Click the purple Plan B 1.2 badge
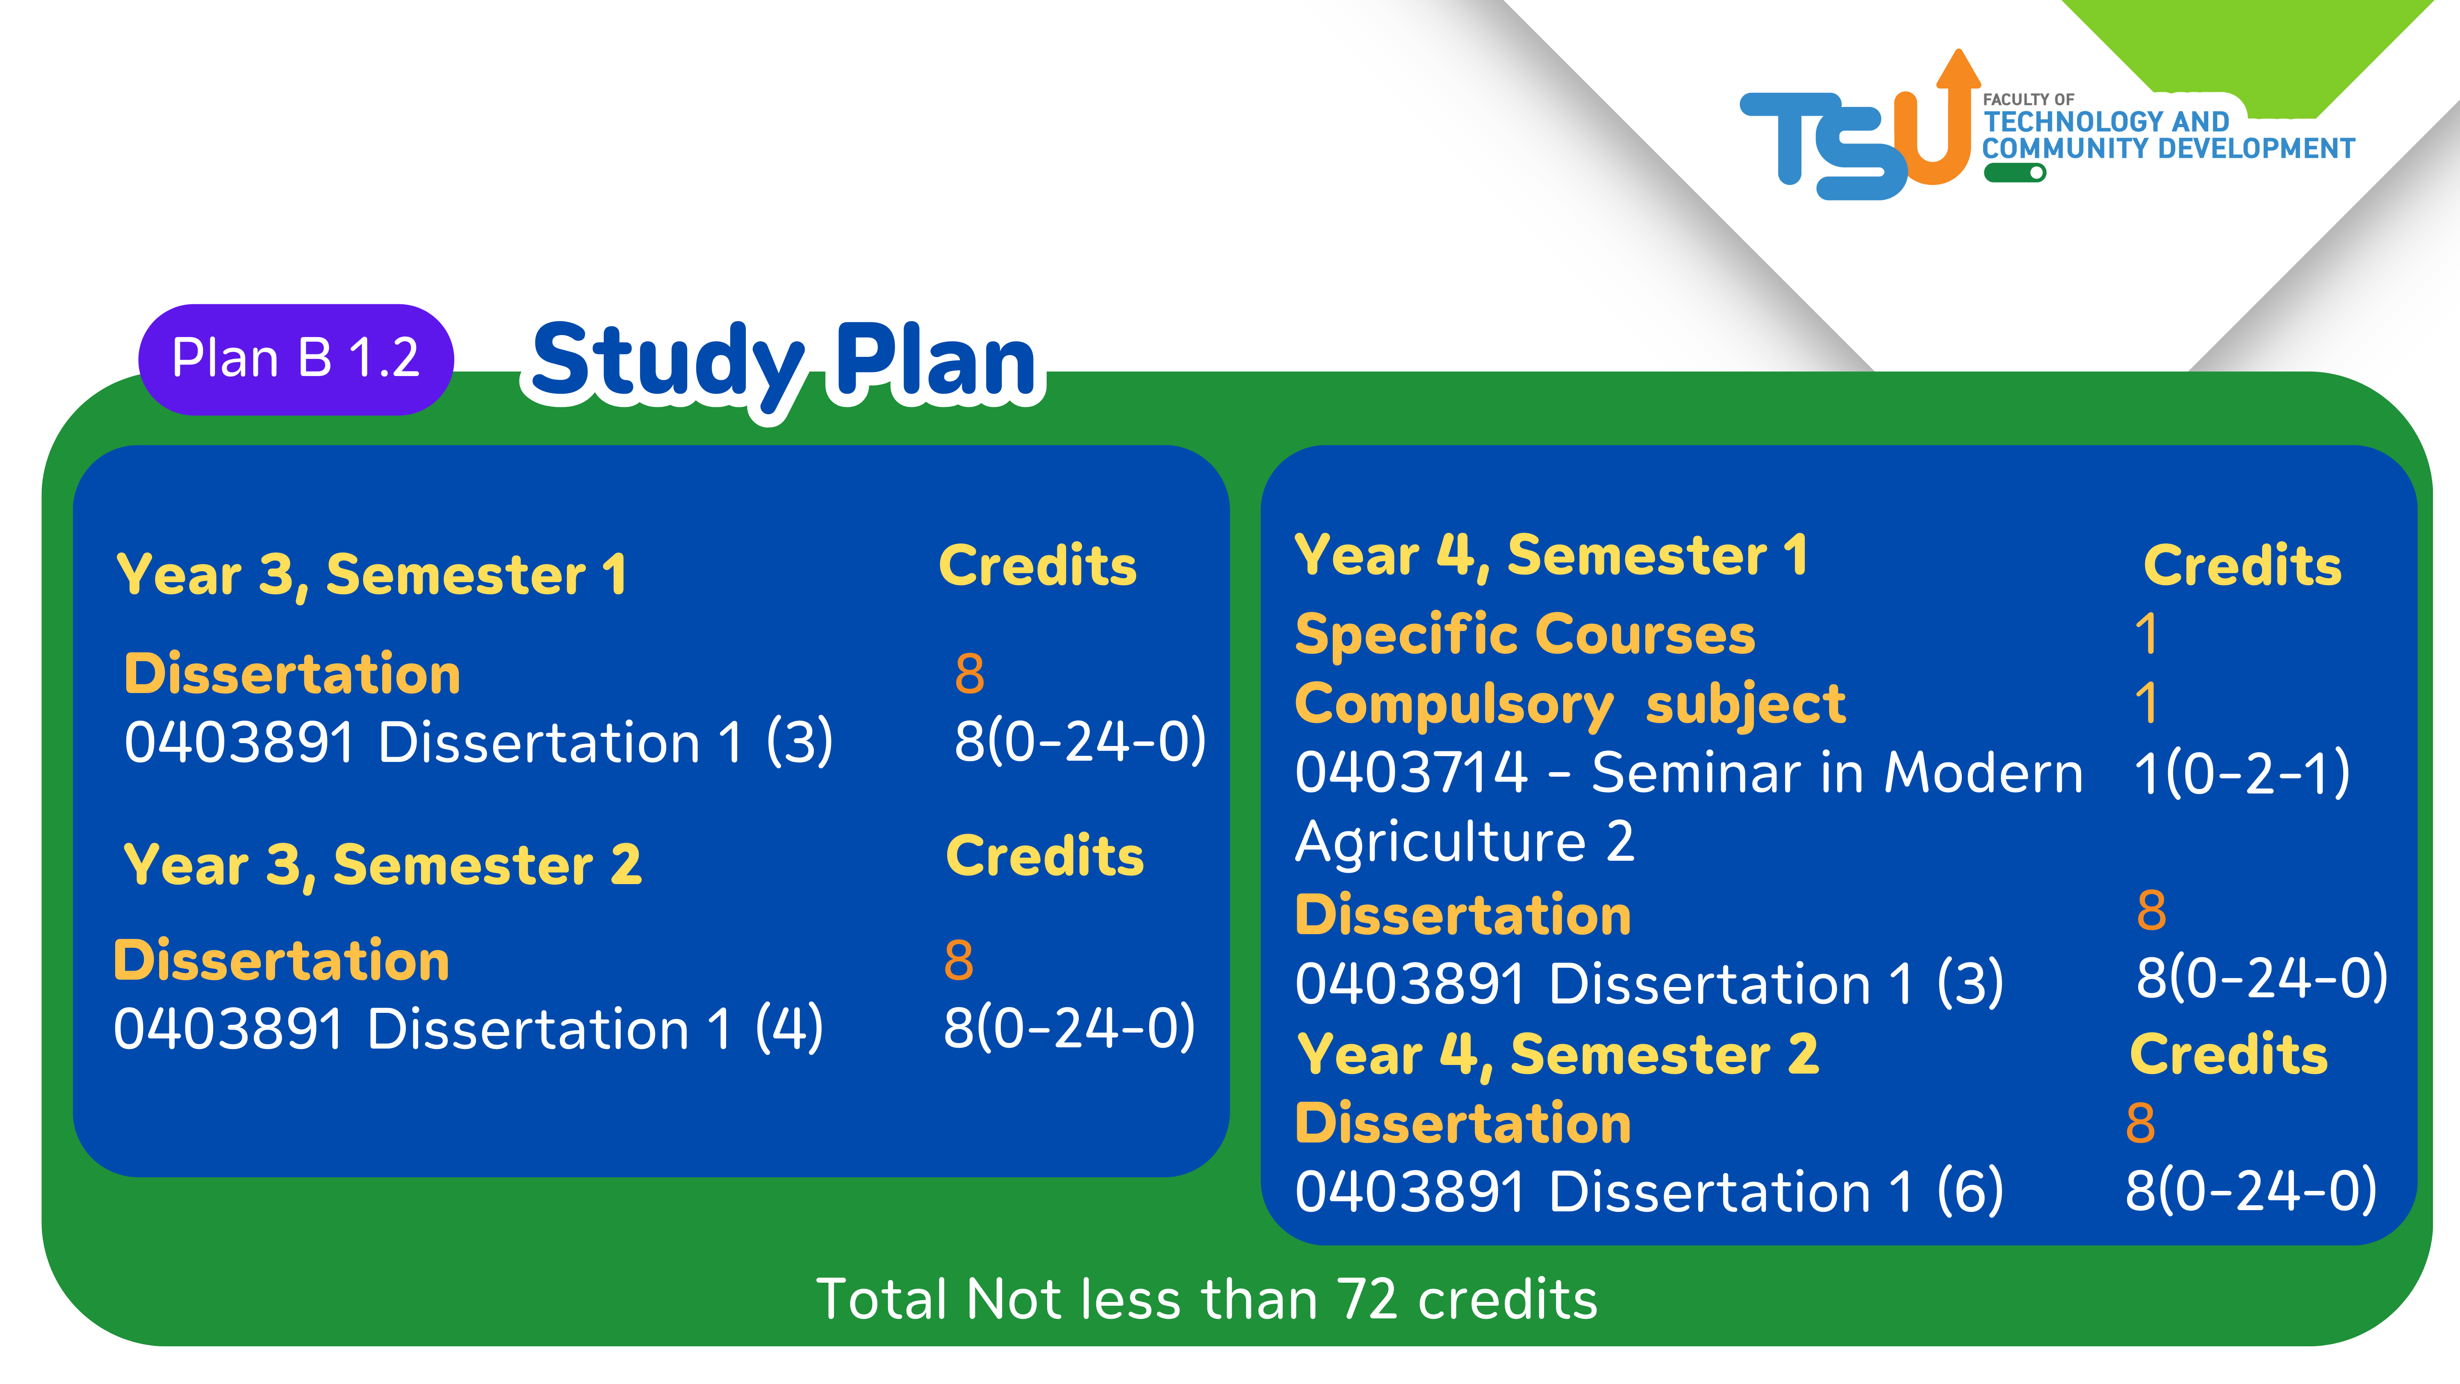pos(296,359)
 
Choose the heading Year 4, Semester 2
pos(1558,1056)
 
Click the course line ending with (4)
pos(468,1029)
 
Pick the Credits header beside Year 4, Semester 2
pos(2229,1054)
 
